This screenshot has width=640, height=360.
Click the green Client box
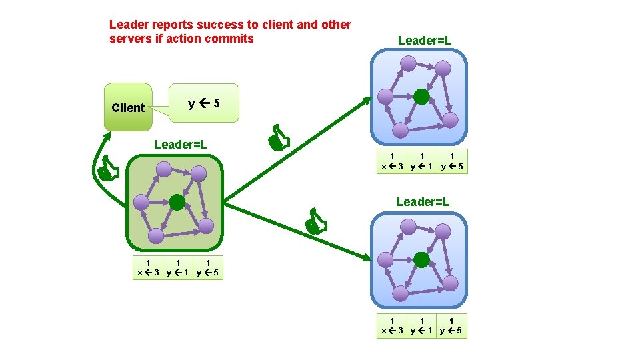tap(128, 107)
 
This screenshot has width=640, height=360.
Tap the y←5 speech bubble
tap(203, 103)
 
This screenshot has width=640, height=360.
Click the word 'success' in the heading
tap(219, 25)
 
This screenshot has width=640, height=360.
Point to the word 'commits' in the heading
tap(231, 38)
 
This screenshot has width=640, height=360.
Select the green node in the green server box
tap(177, 201)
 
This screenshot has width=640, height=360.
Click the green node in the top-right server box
tap(421, 97)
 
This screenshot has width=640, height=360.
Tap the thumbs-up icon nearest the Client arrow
tap(107, 171)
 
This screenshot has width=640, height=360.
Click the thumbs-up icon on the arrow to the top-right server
tap(279, 139)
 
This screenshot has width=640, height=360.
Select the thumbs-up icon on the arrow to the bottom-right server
tap(315, 222)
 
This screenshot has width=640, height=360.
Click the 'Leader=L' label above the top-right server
tap(425, 41)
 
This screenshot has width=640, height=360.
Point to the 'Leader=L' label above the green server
tap(180, 144)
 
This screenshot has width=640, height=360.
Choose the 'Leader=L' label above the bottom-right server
tap(423, 201)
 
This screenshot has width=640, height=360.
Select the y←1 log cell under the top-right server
tap(422, 161)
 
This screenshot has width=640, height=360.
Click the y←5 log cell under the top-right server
tap(453, 161)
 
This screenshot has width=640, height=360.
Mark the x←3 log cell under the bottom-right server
tap(391, 326)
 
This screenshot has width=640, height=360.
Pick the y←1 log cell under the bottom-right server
tap(422, 326)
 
